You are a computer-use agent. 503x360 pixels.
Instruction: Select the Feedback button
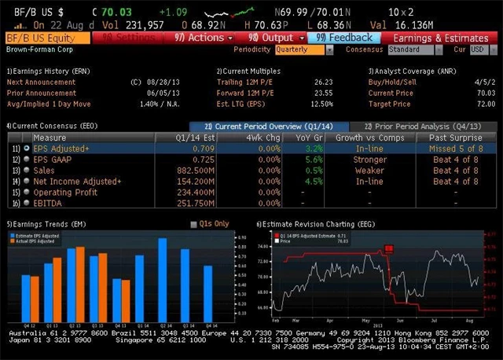(x=347, y=38)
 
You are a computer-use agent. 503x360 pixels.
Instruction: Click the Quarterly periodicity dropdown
(x=299, y=50)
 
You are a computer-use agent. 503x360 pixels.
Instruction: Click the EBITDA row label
(x=49, y=203)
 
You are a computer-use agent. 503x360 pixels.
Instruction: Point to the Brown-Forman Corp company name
(x=36, y=50)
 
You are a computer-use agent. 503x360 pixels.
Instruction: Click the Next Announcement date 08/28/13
(x=162, y=82)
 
